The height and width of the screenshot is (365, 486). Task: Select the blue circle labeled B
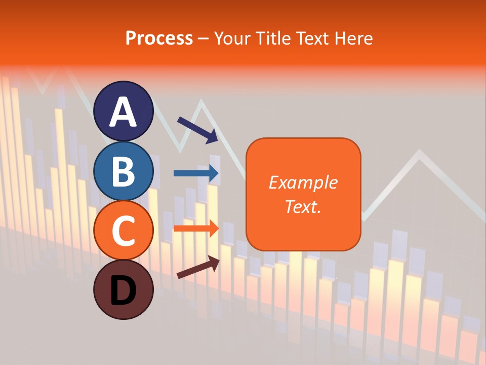pyautogui.click(x=124, y=171)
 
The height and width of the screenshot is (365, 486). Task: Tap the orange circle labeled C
pyautogui.click(x=124, y=231)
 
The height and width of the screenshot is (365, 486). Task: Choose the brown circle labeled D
pyautogui.click(x=124, y=290)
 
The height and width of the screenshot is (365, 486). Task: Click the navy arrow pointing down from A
pyautogui.click(x=197, y=130)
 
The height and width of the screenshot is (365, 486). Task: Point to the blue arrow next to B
pyautogui.click(x=196, y=173)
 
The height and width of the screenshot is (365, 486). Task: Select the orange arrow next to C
pyautogui.click(x=196, y=228)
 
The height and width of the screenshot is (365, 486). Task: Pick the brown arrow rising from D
pyautogui.click(x=198, y=267)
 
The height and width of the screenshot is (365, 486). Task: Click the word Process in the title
pyautogui.click(x=159, y=39)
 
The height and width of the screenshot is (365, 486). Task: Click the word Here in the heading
pyautogui.click(x=354, y=39)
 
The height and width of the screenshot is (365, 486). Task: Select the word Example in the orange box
pyautogui.click(x=303, y=182)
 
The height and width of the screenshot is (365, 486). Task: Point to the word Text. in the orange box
pyautogui.click(x=303, y=206)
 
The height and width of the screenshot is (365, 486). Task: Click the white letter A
pyautogui.click(x=124, y=112)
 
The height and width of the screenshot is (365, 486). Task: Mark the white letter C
pyautogui.click(x=124, y=232)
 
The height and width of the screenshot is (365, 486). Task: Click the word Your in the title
pyautogui.click(x=232, y=39)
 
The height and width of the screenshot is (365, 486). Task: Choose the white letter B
pyautogui.click(x=124, y=172)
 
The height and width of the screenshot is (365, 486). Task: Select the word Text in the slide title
pyautogui.click(x=313, y=39)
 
